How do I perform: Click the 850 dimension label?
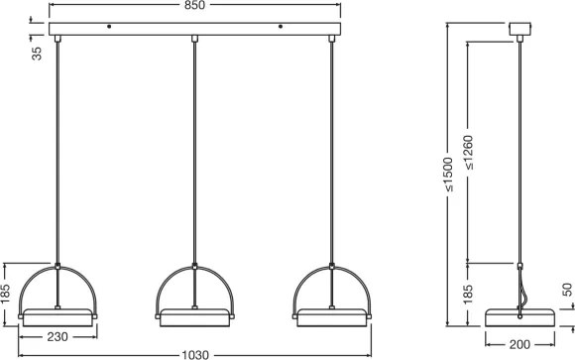pyautogui.click(x=194, y=5)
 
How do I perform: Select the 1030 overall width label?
pyautogui.click(x=195, y=355)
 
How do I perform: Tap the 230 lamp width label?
pyautogui.click(x=57, y=336)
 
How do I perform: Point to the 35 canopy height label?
pyautogui.click(x=37, y=54)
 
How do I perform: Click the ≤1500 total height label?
pyautogui.click(x=448, y=175)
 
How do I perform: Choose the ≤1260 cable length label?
pyautogui.click(x=468, y=153)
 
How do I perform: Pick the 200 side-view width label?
pyautogui.click(x=519, y=344)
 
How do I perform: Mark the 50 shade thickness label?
pyautogui.click(x=567, y=290)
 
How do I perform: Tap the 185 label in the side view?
pyautogui.click(x=468, y=295)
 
